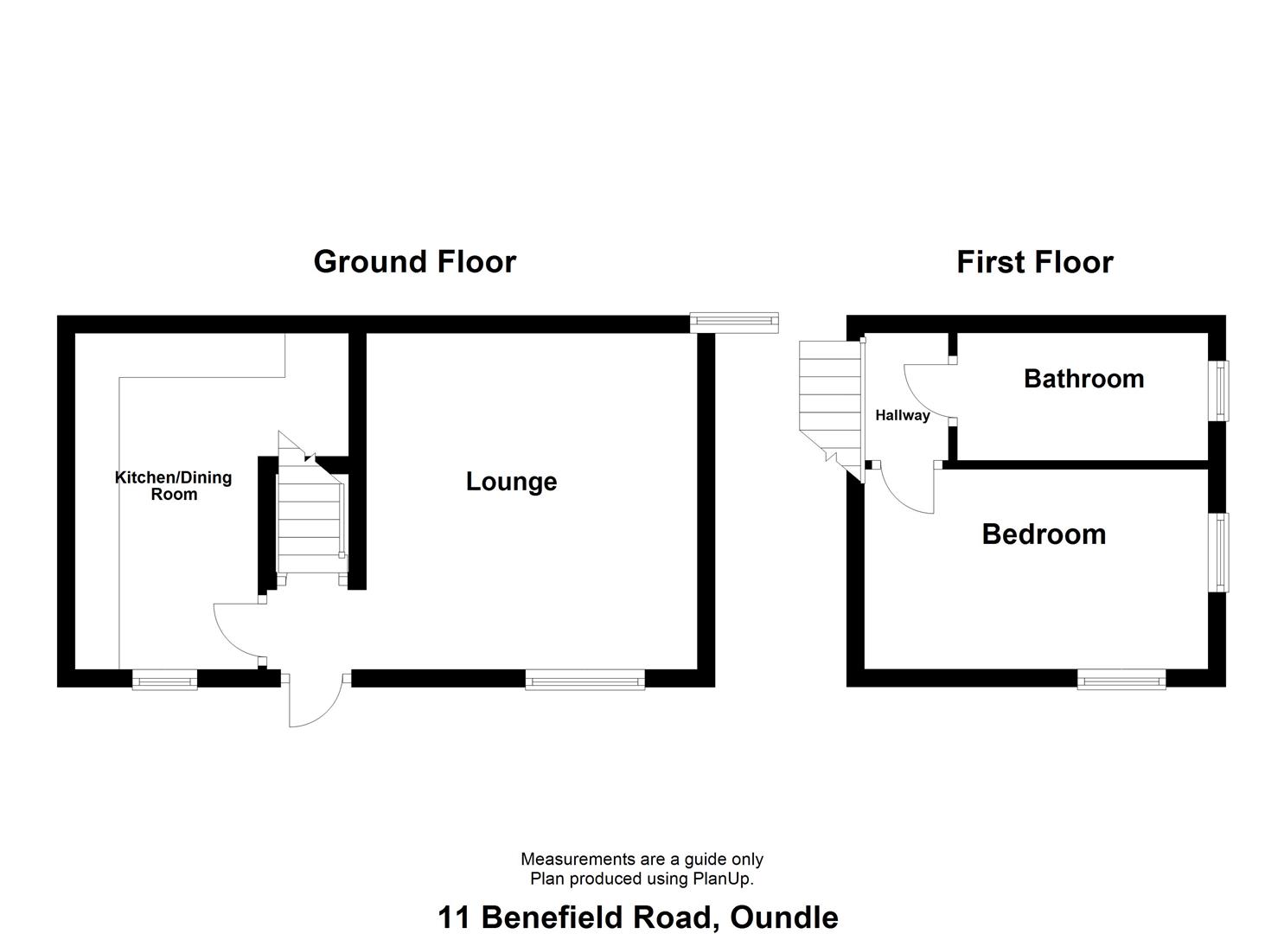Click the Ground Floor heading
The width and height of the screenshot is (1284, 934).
click(414, 261)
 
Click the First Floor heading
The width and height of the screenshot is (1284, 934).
click(1034, 261)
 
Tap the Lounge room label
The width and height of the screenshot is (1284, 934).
click(511, 482)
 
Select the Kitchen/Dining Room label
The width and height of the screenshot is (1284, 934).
click(174, 486)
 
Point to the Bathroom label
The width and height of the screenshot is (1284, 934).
click(1083, 379)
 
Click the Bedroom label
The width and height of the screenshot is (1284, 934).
click(1044, 534)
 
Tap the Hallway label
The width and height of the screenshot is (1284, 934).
click(902, 415)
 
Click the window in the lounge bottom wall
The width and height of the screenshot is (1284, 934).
click(585, 681)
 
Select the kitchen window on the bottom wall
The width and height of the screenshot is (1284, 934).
click(164, 681)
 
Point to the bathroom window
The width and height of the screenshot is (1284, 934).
click(1219, 390)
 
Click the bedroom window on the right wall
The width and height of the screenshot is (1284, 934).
click(1219, 553)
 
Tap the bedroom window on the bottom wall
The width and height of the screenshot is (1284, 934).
click(1121, 681)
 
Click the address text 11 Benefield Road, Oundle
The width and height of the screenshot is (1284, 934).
click(637, 917)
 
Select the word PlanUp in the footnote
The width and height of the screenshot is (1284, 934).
click(721, 879)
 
